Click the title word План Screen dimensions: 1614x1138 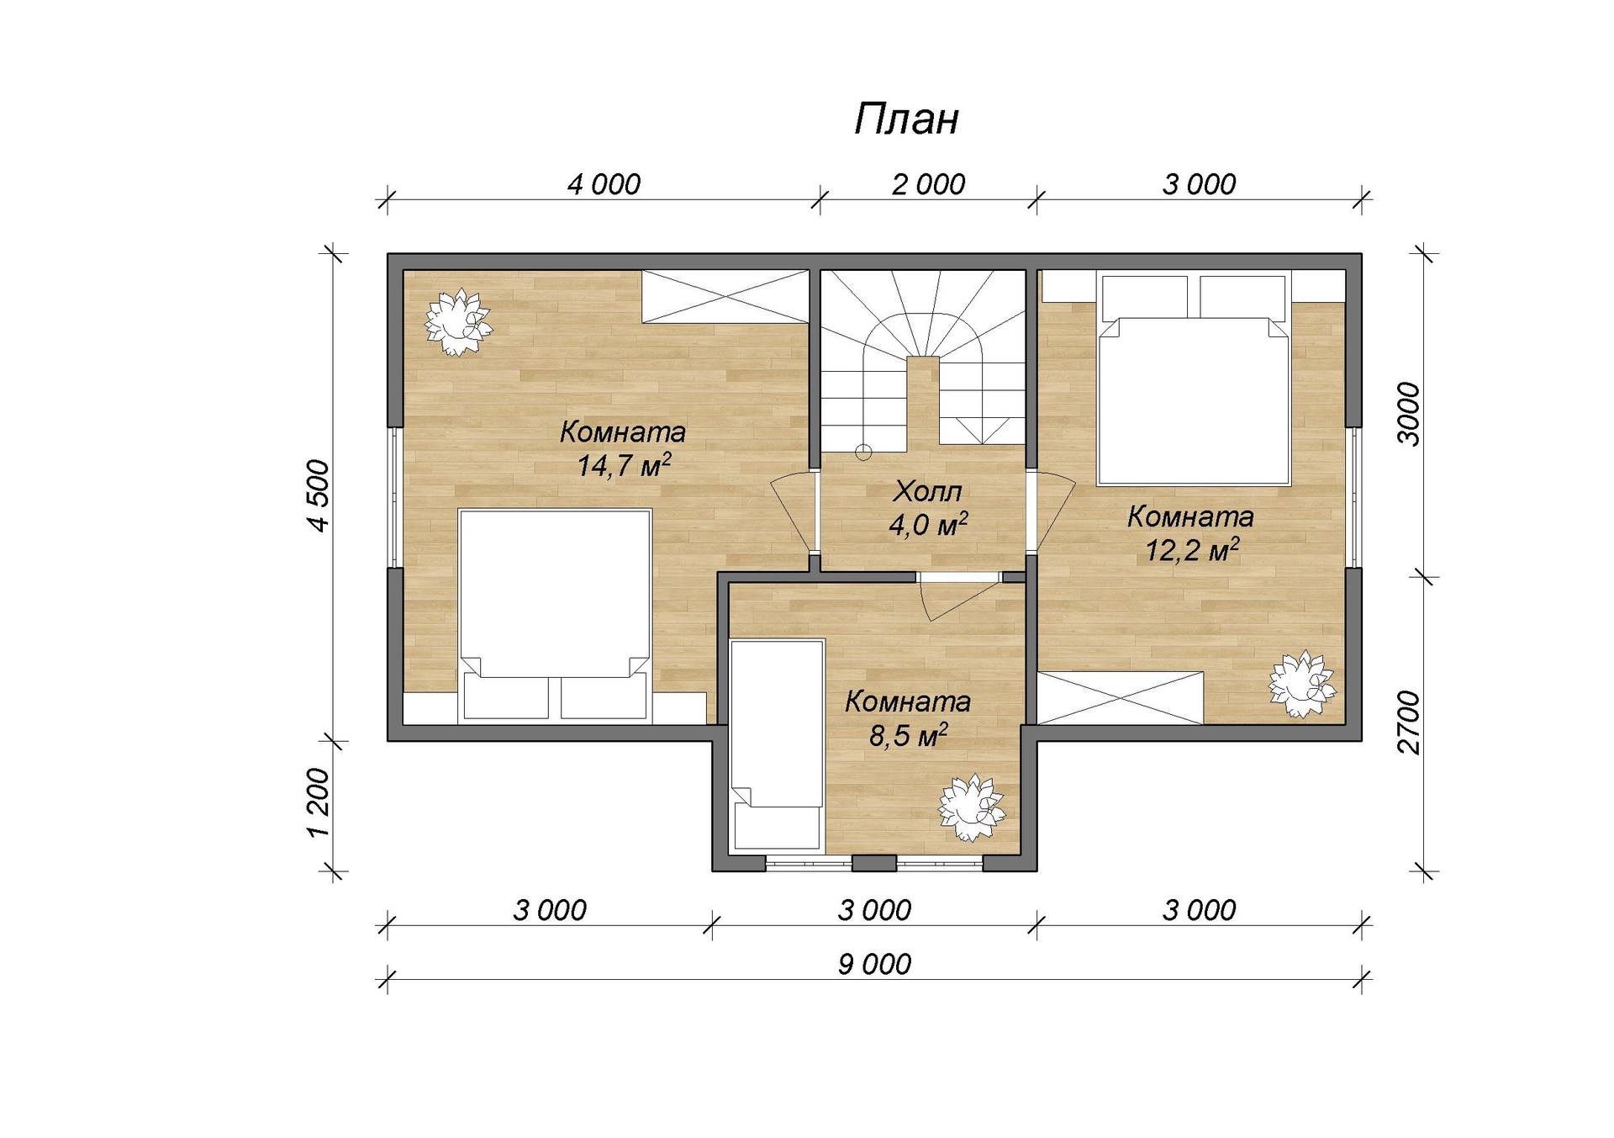pos(906,119)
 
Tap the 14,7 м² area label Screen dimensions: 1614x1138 pos(624,465)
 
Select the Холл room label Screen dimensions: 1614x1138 pos(927,491)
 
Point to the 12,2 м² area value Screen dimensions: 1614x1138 pos(1193,550)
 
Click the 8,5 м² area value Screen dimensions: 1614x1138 pos(909,736)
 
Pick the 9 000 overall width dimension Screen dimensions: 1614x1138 pos(874,964)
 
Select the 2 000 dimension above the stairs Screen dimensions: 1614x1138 pos(928,184)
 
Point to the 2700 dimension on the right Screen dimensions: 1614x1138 pos(1408,722)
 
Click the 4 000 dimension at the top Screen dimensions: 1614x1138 pos(604,184)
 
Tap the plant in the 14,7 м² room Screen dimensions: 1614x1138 pos(457,321)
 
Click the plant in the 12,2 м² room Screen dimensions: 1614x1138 pos(1302,684)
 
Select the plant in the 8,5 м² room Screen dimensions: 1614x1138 pos(971,807)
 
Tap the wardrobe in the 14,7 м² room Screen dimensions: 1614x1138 pos(725,295)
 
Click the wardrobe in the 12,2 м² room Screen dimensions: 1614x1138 pos(1120,697)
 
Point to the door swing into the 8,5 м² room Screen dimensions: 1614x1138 pos(957,596)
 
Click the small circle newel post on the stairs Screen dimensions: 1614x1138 pos(863,453)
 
